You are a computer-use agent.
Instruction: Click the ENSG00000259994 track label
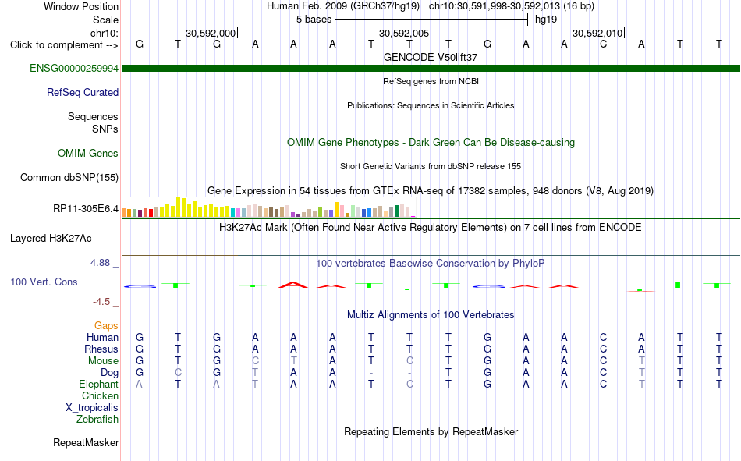[74, 68]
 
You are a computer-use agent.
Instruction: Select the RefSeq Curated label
[83, 92]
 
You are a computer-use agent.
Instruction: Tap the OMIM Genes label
[88, 153]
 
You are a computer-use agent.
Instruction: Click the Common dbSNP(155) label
[69, 177]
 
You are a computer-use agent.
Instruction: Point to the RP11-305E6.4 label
[86, 208]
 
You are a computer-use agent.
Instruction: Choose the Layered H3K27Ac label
[51, 239]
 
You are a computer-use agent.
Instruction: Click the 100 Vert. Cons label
[44, 282]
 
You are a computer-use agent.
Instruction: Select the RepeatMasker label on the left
[86, 442]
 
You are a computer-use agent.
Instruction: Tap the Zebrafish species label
[97, 419]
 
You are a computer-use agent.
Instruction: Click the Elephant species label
[99, 384]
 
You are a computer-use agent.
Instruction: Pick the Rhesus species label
[101, 349]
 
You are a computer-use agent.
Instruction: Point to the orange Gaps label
[106, 325]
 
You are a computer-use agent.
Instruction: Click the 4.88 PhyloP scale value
[100, 262]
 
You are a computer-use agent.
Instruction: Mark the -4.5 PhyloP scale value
[101, 302]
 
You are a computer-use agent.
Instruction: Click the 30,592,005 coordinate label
[404, 33]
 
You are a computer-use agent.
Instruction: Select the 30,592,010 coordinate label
[597, 33]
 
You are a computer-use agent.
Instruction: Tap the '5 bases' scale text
[314, 20]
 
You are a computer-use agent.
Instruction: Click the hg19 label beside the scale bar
[546, 20]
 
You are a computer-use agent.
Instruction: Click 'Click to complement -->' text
[64, 45]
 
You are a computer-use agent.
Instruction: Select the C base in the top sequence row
[603, 44]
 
